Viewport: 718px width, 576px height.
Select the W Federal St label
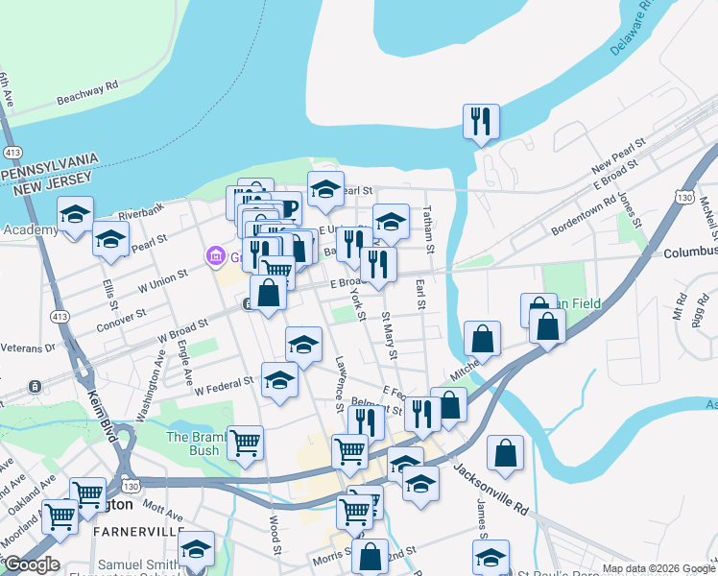click(x=226, y=386)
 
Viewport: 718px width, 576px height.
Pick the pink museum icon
click(x=215, y=256)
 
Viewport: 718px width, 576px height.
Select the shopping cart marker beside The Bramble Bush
click(x=246, y=443)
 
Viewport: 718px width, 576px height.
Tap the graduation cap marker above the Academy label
click(x=74, y=214)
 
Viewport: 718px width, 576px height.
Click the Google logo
click(x=31, y=564)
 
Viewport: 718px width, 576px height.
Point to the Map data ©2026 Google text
click(x=658, y=568)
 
